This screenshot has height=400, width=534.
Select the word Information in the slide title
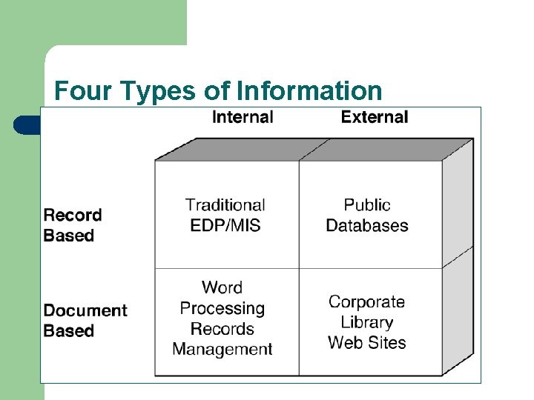click(x=309, y=91)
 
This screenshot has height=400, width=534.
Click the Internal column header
click(x=243, y=117)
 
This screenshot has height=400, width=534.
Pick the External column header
click(x=374, y=117)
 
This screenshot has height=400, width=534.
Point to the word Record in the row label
click(x=73, y=215)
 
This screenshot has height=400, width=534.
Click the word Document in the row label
click(x=85, y=310)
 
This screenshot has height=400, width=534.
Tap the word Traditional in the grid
click(x=225, y=204)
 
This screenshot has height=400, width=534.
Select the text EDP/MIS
click(x=225, y=225)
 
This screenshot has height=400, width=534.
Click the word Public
click(x=367, y=204)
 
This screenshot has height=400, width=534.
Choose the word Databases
click(x=367, y=225)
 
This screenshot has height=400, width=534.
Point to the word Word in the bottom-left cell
click(x=222, y=287)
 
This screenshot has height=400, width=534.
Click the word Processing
click(x=222, y=308)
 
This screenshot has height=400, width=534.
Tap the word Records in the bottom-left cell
click(x=222, y=329)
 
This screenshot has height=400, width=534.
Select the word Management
click(x=222, y=349)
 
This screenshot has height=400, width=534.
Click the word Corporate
click(x=366, y=301)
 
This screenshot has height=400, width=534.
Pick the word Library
click(x=366, y=322)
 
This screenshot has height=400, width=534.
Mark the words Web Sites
click(x=366, y=343)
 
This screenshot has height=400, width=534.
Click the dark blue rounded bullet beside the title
click(x=27, y=124)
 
